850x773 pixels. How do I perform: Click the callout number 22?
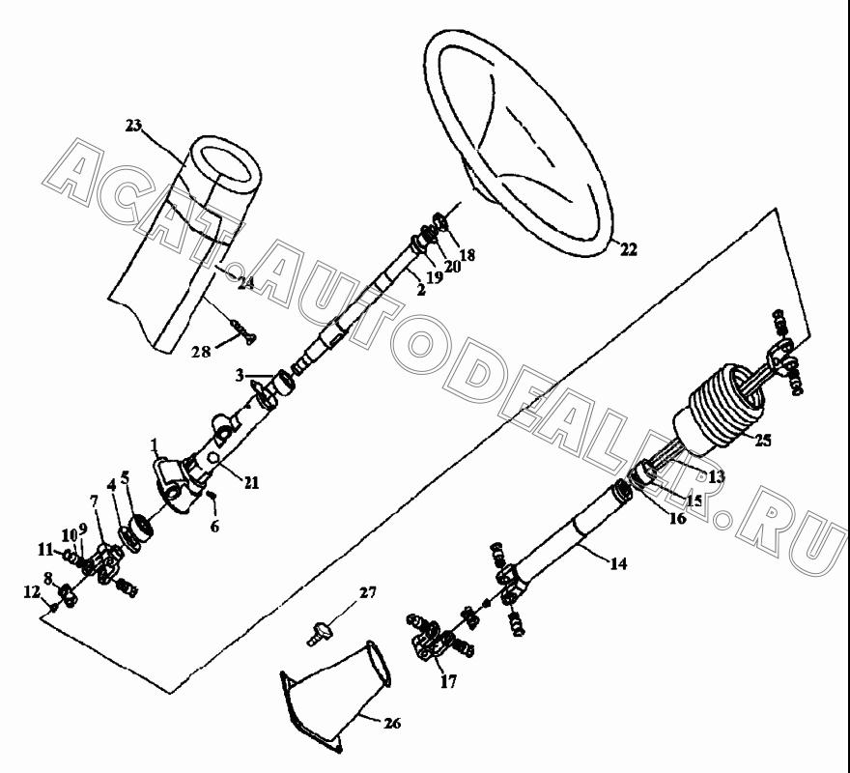[628, 249]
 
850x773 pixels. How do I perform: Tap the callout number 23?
[133, 126]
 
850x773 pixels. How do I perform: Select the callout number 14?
[618, 563]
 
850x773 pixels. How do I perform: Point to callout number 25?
[762, 440]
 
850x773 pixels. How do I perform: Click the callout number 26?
[392, 723]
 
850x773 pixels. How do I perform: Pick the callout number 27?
[368, 592]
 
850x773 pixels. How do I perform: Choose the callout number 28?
[201, 352]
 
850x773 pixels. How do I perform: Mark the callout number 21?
[251, 482]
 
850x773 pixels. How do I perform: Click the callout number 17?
[448, 681]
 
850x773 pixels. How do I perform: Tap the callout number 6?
[214, 526]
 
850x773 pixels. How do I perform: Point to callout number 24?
[245, 283]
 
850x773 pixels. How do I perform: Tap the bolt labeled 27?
[320, 633]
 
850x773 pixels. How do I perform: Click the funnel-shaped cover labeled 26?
[336, 697]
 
